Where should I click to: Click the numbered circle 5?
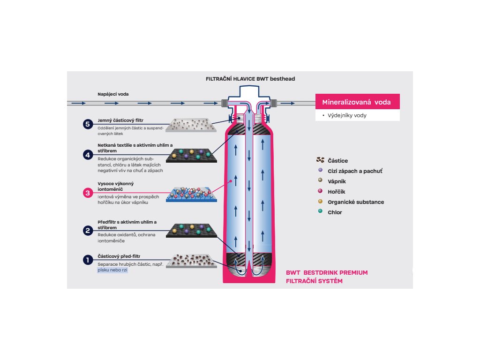point(88,124)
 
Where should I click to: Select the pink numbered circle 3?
point(88,192)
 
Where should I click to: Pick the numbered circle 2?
point(88,230)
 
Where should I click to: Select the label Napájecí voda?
point(113,94)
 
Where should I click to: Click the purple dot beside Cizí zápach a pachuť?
point(320,171)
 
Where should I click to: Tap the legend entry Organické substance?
point(356,202)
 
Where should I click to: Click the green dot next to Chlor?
point(320,212)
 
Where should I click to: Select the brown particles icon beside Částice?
point(321,160)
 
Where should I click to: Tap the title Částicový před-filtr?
point(119,256)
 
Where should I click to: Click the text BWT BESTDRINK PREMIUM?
point(327,272)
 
